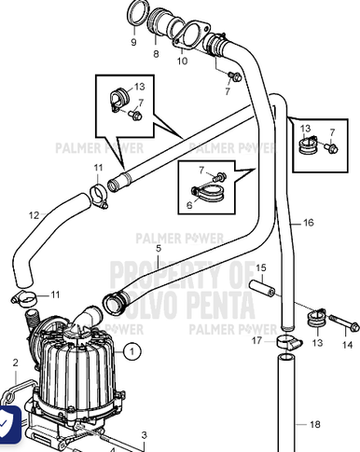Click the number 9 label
[x=133, y=42]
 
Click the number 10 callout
[x=182, y=61]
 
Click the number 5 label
[x=159, y=248]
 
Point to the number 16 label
[x=309, y=224]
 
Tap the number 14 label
[x=348, y=345]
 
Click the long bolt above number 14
[x=341, y=325]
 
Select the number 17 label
[x=256, y=340]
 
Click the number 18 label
[x=314, y=424]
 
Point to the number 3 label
[x=145, y=435]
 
